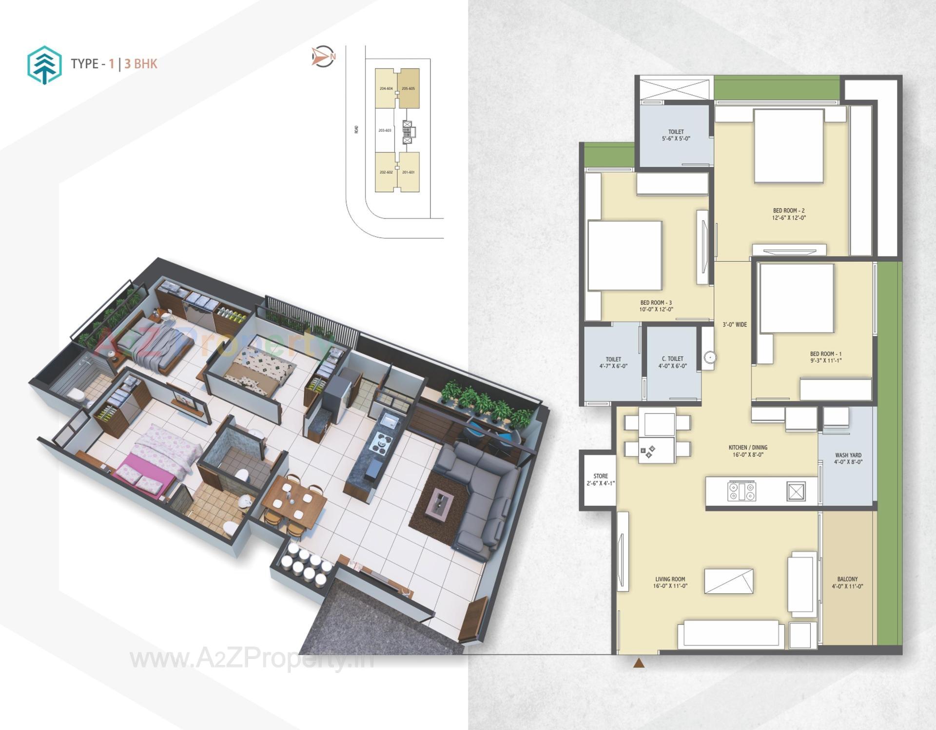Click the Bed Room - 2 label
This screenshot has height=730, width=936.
[789, 214]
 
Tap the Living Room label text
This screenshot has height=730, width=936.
[671, 582]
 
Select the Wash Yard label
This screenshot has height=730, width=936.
[848, 458]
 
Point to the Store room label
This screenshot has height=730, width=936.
[601, 479]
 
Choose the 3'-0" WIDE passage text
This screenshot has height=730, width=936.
[734, 324]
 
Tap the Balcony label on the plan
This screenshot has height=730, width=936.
[847, 582]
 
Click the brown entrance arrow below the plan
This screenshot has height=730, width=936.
[639, 663]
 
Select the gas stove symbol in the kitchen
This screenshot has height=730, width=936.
[741, 491]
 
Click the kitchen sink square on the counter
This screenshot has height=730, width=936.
[796, 492]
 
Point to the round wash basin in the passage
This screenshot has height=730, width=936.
[710, 357]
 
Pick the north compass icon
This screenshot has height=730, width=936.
[323, 57]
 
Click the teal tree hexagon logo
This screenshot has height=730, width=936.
[44, 65]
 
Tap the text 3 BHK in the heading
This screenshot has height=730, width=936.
[141, 64]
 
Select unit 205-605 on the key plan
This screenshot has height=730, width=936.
[408, 88]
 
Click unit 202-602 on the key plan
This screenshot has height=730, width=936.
[386, 172]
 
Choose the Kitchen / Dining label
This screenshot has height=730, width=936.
[748, 451]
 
